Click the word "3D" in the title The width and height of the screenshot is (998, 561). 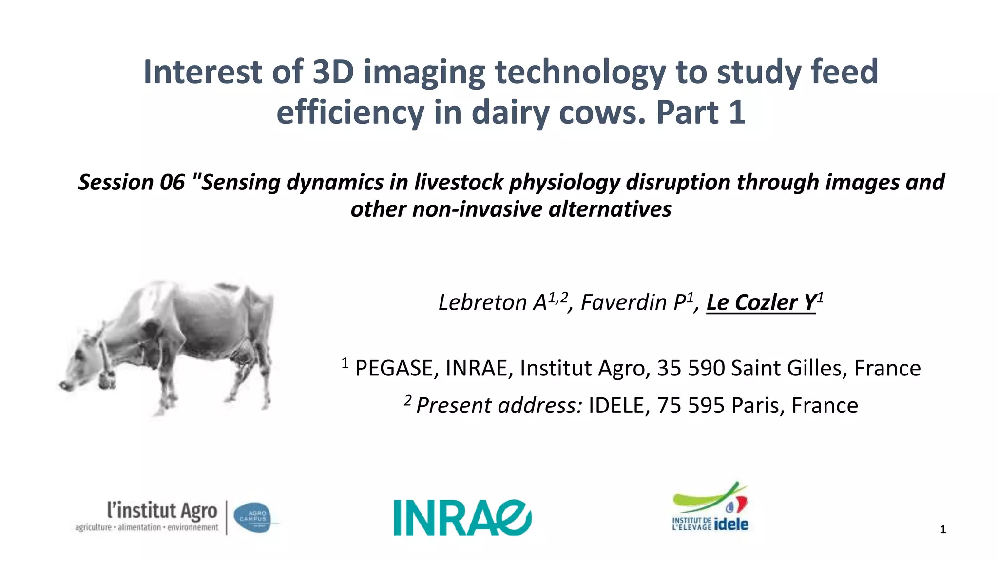pos(333,72)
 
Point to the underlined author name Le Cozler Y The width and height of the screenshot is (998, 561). pos(761,302)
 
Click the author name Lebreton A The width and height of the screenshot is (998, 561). pos(492,302)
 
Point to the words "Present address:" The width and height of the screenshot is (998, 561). pos(499,406)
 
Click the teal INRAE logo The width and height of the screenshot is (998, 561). pos(462,517)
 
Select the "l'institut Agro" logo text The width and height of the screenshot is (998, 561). pos(162,511)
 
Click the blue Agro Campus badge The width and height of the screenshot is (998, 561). pos(252,518)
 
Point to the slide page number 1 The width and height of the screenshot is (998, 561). pos(943,530)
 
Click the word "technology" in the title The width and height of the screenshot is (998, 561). pos(580,72)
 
